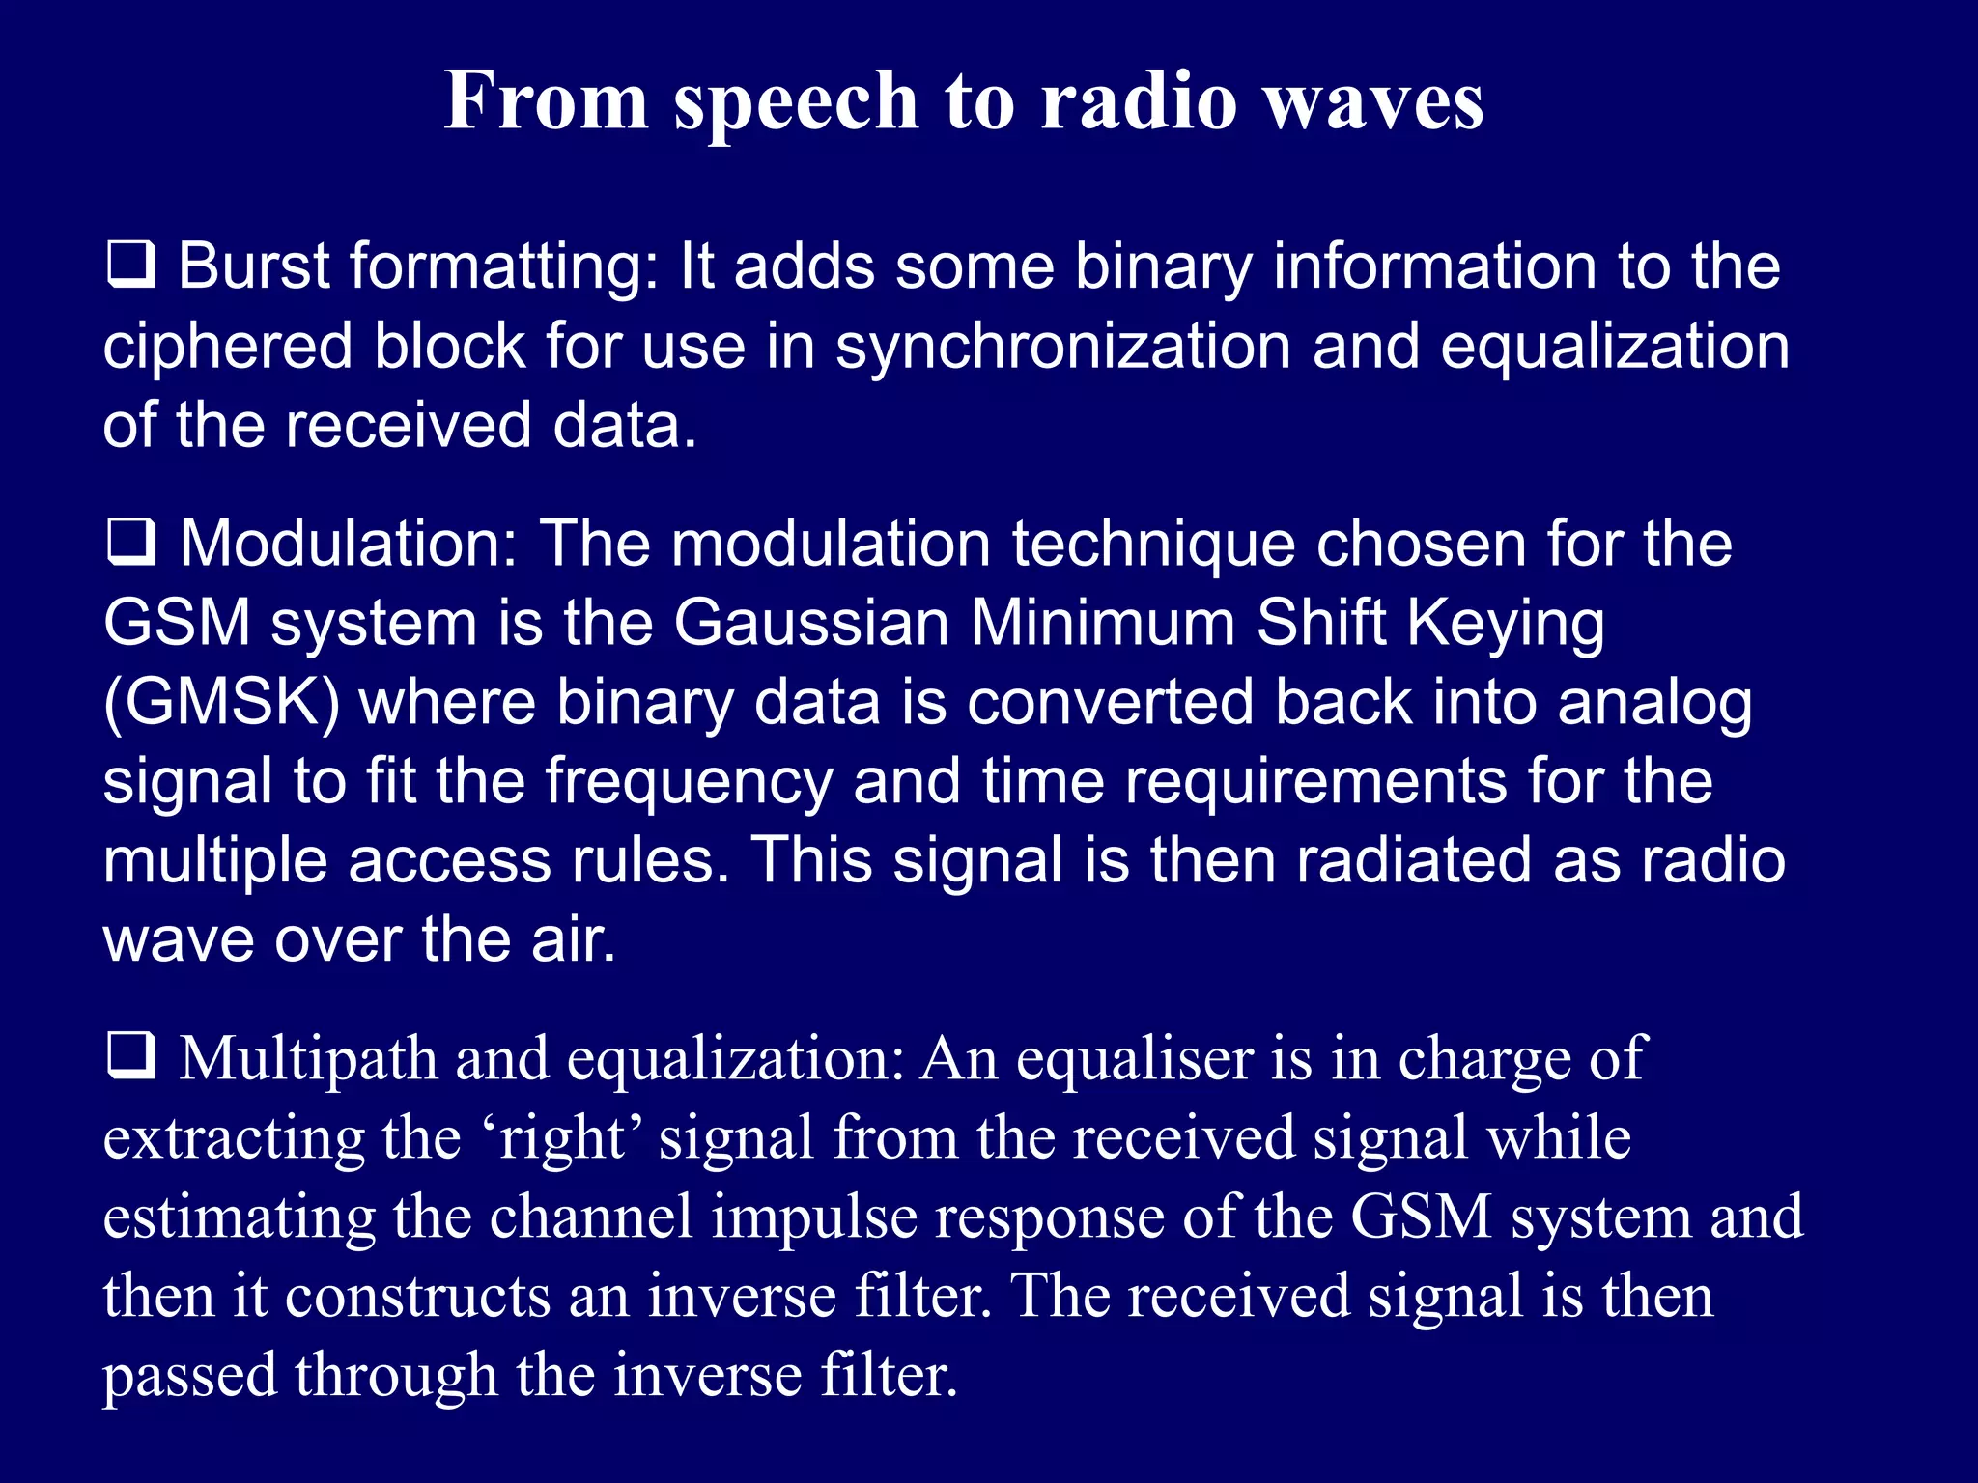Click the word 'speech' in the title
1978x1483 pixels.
click(x=796, y=102)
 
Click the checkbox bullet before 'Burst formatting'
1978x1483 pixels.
click(x=130, y=266)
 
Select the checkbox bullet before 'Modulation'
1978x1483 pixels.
click(x=130, y=543)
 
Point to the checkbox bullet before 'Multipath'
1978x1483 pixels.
click(x=130, y=1057)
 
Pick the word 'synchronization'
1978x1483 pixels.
click(x=1062, y=348)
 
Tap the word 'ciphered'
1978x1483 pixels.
click(x=228, y=346)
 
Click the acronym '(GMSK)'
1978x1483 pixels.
click(x=221, y=703)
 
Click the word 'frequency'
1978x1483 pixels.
click(x=689, y=782)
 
